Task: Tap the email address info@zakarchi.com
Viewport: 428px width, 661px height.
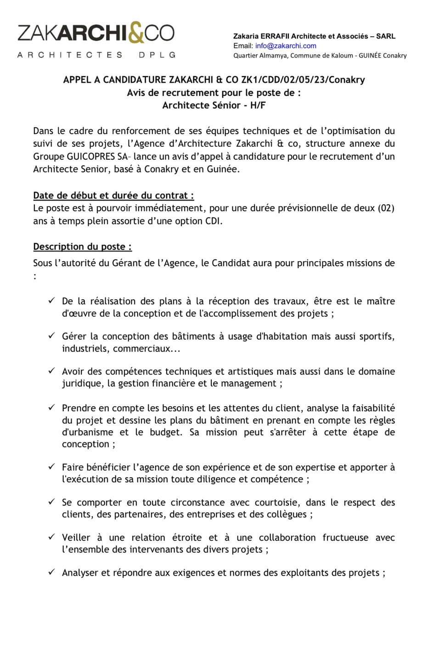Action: pos(286,45)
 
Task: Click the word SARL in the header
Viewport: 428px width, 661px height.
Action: pos(386,36)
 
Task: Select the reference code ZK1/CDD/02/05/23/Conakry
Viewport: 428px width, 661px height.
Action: pos(303,80)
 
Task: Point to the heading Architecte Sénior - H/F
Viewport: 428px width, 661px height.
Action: pos(214,105)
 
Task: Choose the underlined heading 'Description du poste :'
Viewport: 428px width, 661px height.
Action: pos(82,246)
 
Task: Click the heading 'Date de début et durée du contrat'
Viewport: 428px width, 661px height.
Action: pos(113,196)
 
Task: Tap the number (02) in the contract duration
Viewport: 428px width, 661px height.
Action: pos(386,208)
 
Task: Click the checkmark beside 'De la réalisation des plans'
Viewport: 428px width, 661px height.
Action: pos(52,301)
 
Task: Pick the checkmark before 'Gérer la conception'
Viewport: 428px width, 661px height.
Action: pos(52,336)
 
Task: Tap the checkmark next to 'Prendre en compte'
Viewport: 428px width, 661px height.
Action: pos(52,407)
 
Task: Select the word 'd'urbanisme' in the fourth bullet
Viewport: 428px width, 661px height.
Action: pos(87,432)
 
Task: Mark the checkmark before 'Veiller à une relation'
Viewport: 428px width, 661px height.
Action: pos(52,537)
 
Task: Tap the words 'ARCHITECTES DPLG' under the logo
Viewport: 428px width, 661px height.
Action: pos(96,55)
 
